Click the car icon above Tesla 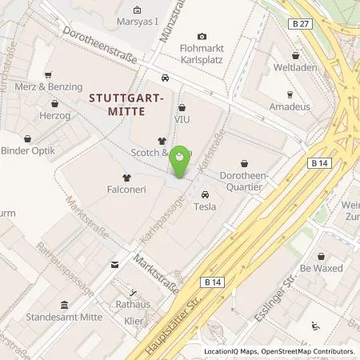(206, 194)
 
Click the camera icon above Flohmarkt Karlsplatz (202, 37)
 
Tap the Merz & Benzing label (54, 86)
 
